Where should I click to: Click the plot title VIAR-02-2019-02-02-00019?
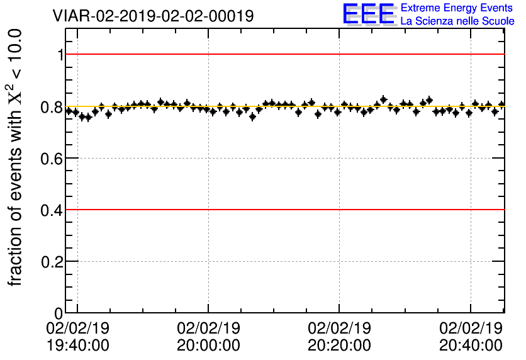154,16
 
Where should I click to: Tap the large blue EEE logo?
368,14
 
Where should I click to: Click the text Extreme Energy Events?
457,8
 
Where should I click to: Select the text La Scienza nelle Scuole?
457,21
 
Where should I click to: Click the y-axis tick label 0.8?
52,106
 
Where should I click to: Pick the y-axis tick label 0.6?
52,158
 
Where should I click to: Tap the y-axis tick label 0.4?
52,210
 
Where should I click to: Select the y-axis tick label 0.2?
52,261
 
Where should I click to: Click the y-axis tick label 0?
60,313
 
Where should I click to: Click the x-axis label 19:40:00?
77,346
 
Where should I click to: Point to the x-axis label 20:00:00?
208,346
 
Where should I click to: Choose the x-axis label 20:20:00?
339,346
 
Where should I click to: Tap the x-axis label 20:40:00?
471,346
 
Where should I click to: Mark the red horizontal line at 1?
283,54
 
